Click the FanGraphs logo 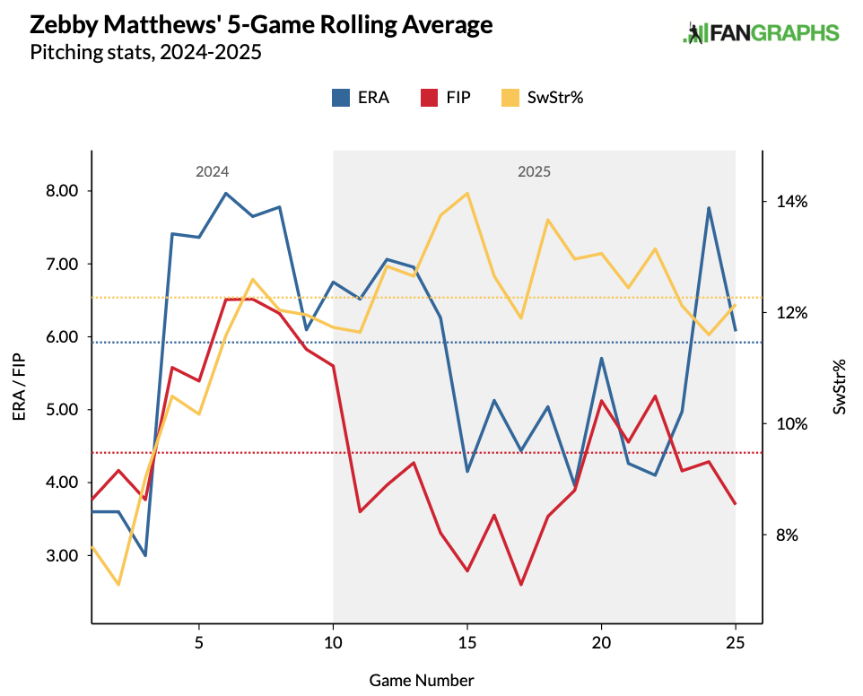point(761,33)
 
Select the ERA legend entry point(360,98)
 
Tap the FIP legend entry point(444,98)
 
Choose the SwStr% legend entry point(542,98)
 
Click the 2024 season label point(213,171)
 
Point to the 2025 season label point(534,171)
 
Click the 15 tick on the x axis point(467,642)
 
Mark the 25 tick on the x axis point(736,642)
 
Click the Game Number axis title point(422,680)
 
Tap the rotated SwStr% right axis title point(840,387)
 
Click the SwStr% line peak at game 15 point(467,193)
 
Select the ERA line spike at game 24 point(709,208)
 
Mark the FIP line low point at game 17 point(521,585)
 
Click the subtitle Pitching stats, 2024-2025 point(145,53)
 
